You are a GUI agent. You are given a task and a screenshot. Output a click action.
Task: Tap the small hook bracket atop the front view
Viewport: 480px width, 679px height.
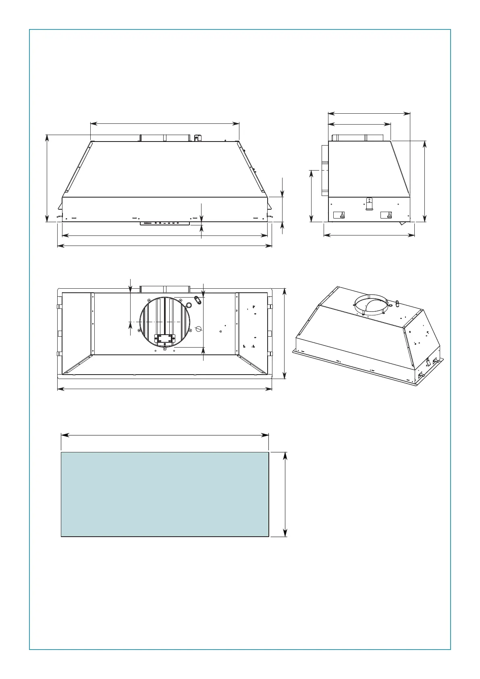pos(197,137)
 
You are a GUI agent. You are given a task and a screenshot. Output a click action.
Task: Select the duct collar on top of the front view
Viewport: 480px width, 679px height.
pos(164,138)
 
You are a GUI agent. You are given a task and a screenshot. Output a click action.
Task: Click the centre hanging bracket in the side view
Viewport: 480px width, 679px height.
pos(369,204)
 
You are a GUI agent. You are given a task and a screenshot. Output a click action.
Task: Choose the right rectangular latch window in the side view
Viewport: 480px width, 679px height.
pos(386,215)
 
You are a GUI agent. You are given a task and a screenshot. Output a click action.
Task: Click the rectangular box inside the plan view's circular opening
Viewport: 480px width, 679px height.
pos(165,340)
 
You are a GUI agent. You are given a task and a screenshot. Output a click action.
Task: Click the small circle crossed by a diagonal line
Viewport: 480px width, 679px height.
pos(198,329)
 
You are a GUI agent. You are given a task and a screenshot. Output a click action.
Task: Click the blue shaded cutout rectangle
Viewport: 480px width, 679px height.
pos(164,494)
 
